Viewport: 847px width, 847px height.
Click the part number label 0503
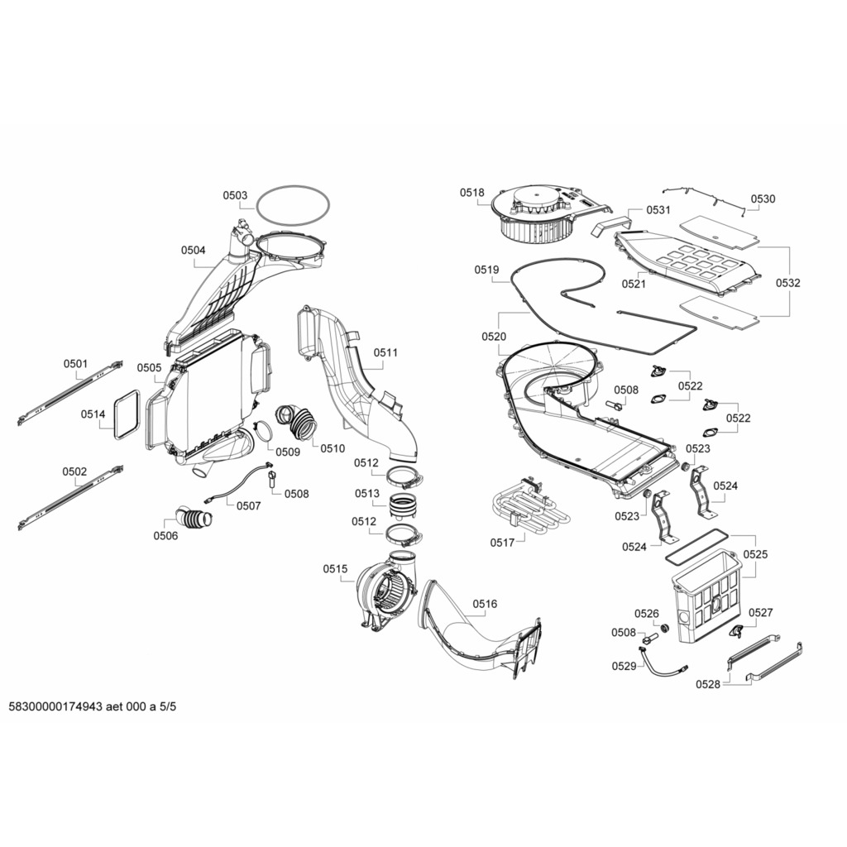(235, 196)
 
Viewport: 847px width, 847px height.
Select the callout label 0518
(472, 193)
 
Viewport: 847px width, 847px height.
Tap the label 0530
(763, 199)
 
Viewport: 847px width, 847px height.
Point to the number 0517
(502, 542)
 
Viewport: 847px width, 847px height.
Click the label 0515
(335, 569)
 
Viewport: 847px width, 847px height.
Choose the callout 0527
(760, 613)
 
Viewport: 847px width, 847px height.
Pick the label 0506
(165, 535)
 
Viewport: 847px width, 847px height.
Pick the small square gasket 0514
(127, 416)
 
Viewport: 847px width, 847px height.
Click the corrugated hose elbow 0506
(193, 519)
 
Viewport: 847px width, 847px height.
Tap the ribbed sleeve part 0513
(404, 505)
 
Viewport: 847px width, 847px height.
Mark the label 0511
(385, 352)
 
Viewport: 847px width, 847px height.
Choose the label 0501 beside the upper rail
(75, 364)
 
